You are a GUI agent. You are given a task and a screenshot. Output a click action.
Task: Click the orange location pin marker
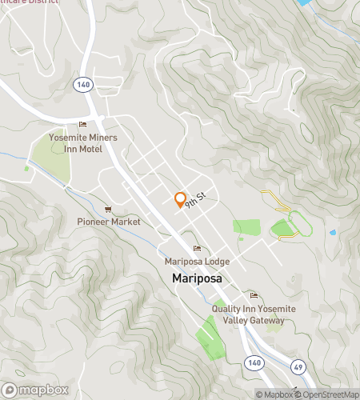[x=180, y=200]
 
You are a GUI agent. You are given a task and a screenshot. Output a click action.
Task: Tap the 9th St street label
[x=196, y=200]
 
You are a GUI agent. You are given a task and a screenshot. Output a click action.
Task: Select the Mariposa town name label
[x=196, y=278]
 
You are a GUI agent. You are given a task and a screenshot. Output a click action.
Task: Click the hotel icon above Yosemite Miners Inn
[x=82, y=125]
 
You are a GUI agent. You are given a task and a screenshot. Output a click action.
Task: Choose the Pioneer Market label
[x=109, y=222]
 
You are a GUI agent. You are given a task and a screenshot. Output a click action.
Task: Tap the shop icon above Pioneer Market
[x=109, y=209]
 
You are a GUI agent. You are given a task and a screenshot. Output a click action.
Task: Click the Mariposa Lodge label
[x=197, y=262]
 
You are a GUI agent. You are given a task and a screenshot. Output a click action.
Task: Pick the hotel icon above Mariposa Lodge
[x=197, y=248]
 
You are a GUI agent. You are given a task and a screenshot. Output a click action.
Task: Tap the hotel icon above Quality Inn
[x=254, y=295]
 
